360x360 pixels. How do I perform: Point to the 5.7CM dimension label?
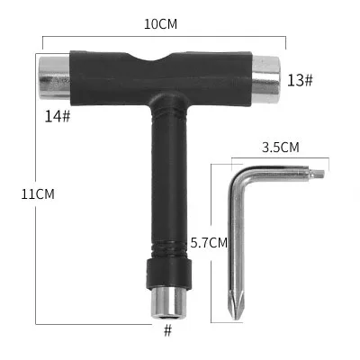[x=209, y=242]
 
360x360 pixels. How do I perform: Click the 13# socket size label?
[x=300, y=81]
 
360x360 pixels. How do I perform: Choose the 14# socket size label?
[x=58, y=115]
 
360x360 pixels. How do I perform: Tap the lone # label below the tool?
[x=166, y=330]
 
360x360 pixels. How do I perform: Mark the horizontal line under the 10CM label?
[x=162, y=38]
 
